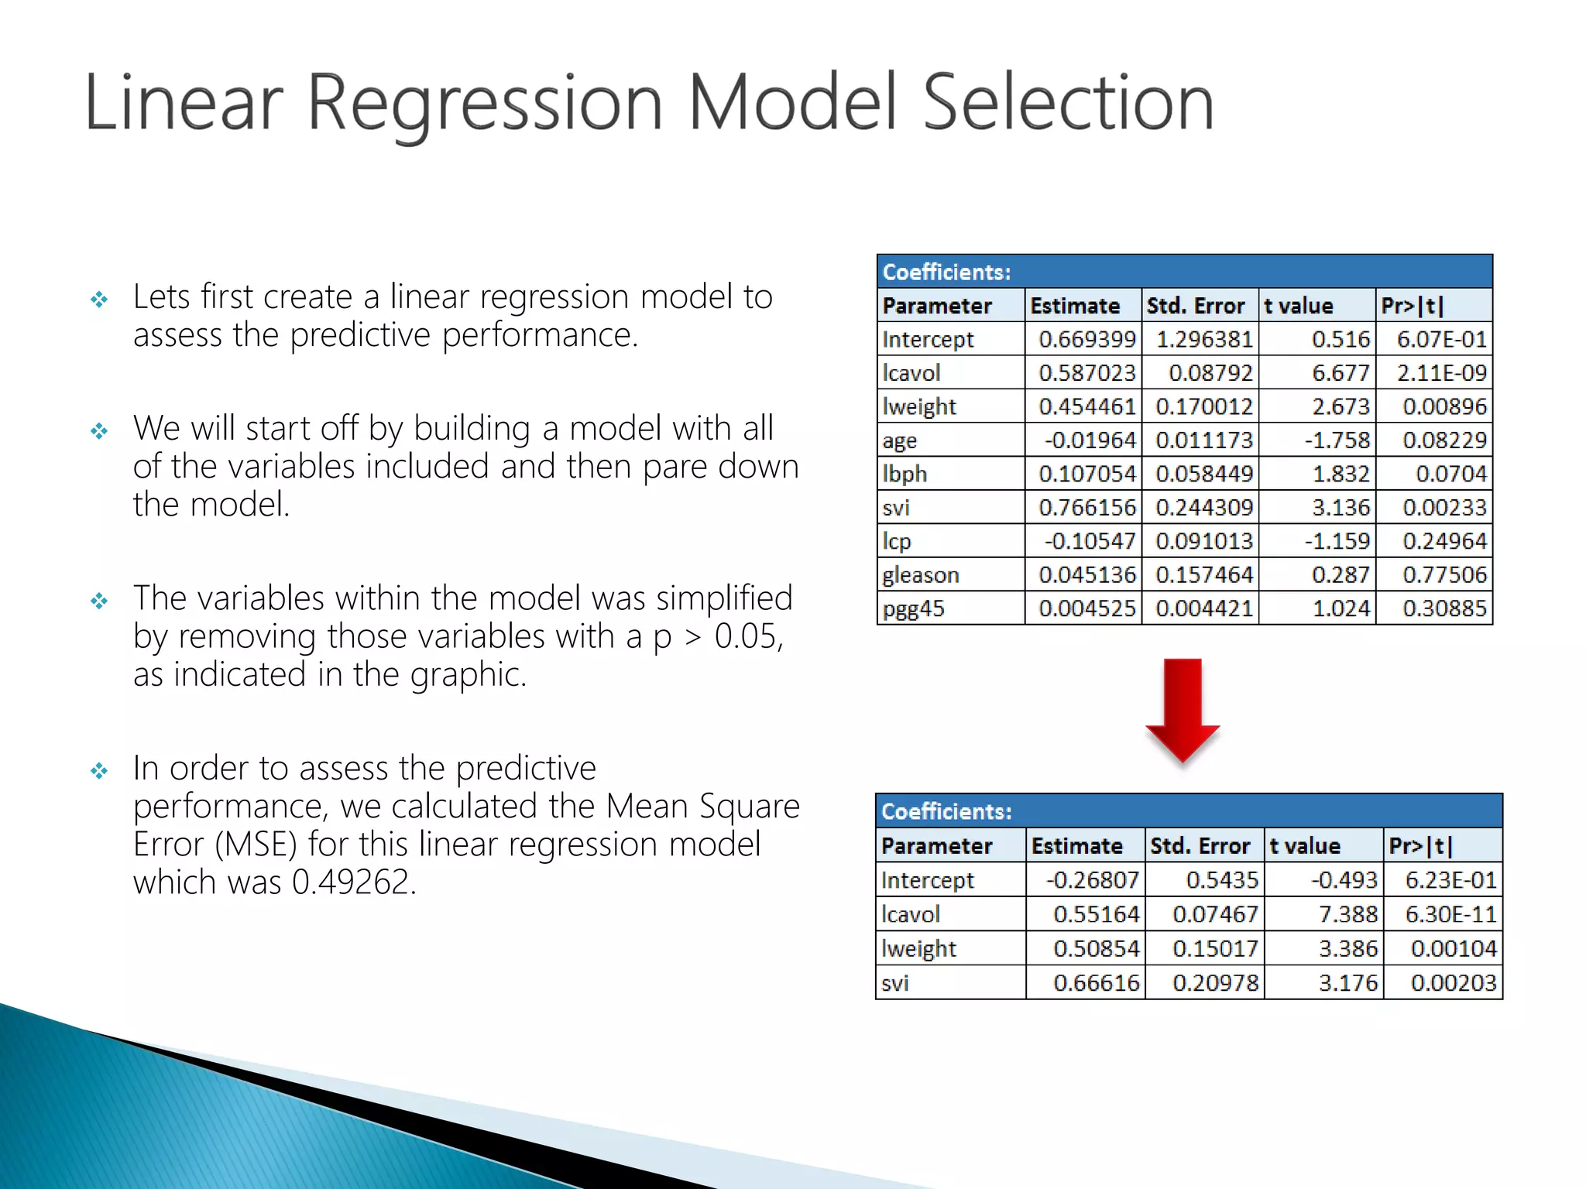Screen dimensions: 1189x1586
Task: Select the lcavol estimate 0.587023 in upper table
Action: coord(1086,373)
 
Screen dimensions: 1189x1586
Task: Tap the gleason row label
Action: coord(920,575)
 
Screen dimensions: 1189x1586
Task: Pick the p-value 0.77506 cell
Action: coord(1444,575)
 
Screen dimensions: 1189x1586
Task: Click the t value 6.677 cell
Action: coord(1340,373)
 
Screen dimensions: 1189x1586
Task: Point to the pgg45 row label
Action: coord(913,609)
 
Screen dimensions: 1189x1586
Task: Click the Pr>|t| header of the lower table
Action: coord(1420,846)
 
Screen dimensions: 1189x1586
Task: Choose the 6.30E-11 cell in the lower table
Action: coord(1450,914)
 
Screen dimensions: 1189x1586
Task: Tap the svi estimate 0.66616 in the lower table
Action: coord(1096,983)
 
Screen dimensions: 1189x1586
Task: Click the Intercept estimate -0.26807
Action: coord(1092,880)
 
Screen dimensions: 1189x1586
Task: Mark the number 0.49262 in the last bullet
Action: coord(354,882)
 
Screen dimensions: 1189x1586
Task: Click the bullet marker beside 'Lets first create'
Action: coord(99,300)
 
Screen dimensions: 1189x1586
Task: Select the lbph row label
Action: coord(904,474)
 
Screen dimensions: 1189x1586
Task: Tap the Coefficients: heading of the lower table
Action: coord(946,811)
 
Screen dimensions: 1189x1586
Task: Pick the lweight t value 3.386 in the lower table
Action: coord(1347,949)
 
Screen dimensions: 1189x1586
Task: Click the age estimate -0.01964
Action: coord(1090,440)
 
